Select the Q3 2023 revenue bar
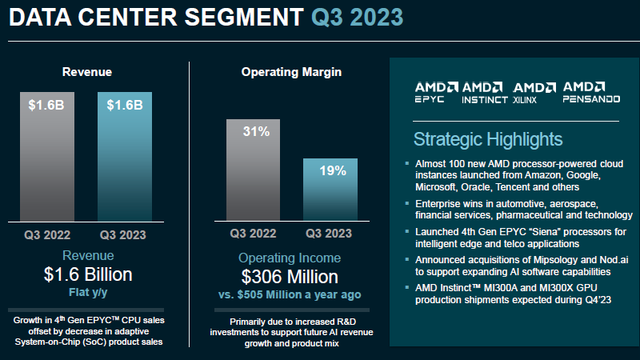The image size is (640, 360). click(x=124, y=156)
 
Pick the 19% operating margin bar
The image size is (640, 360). click(x=329, y=189)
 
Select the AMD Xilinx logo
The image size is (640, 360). click(x=535, y=92)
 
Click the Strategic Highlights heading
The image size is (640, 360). click(x=488, y=139)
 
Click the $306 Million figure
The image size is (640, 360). click(x=290, y=277)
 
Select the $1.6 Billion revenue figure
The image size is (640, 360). click(x=88, y=274)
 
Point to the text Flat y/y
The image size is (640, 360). click(x=88, y=292)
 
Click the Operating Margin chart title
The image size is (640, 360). click(x=291, y=72)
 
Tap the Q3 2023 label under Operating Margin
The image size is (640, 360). click(x=328, y=234)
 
